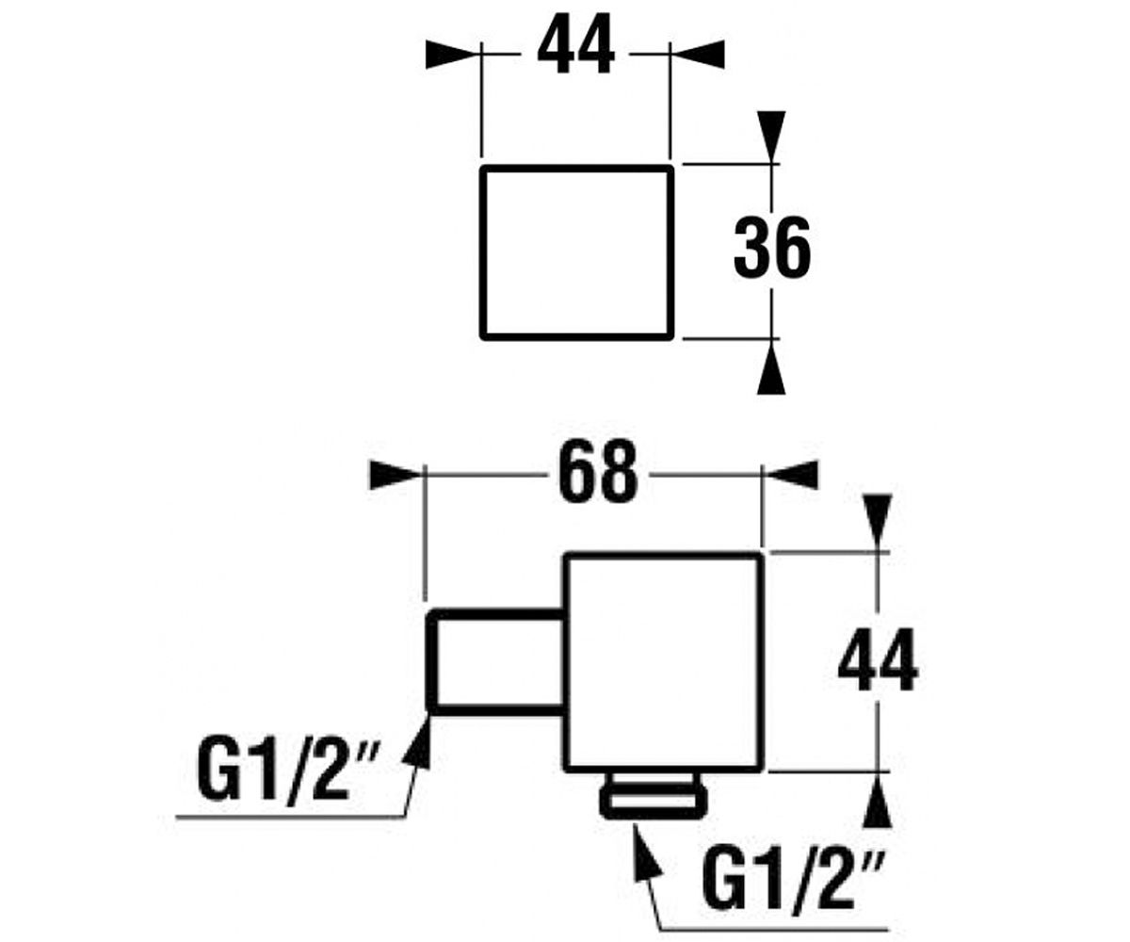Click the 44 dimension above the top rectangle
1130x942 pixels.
(575, 44)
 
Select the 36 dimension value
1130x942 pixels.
(772, 248)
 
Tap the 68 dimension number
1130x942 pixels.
(597, 470)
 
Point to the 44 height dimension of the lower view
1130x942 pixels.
(878, 659)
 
